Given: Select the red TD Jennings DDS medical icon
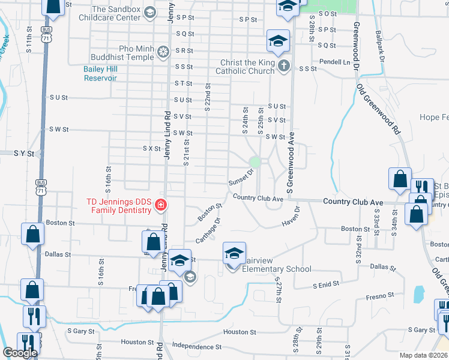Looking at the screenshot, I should (x=160, y=205).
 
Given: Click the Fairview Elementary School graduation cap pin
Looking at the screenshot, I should (x=235, y=253).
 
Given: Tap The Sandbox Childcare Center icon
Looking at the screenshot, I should (x=150, y=12).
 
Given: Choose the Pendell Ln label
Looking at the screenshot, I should (x=334, y=62).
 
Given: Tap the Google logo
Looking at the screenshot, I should (x=20, y=353).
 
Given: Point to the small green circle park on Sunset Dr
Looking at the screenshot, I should (x=255, y=161).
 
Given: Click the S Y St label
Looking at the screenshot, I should (x=24, y=154).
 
